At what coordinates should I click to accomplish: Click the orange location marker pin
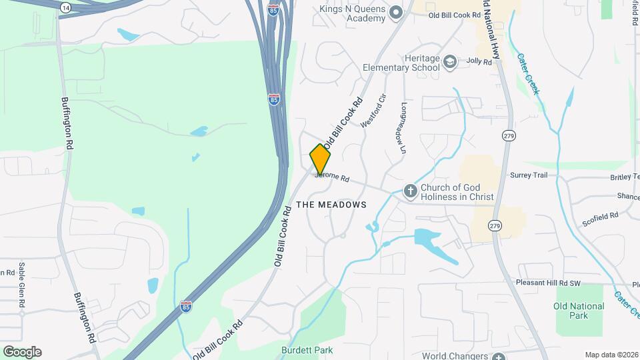320,160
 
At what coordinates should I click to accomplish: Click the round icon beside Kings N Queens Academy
396,12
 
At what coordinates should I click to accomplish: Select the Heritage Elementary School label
401,63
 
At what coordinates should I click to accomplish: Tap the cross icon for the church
410,192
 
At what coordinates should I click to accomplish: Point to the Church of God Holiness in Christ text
457,192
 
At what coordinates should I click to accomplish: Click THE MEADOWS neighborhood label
331,205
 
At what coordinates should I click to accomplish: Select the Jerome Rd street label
333,177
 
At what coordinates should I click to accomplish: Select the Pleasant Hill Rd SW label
549,283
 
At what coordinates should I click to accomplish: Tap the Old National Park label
579,311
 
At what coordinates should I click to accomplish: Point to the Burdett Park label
306,350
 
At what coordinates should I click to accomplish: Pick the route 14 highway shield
65,7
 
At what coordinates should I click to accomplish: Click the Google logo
21,351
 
